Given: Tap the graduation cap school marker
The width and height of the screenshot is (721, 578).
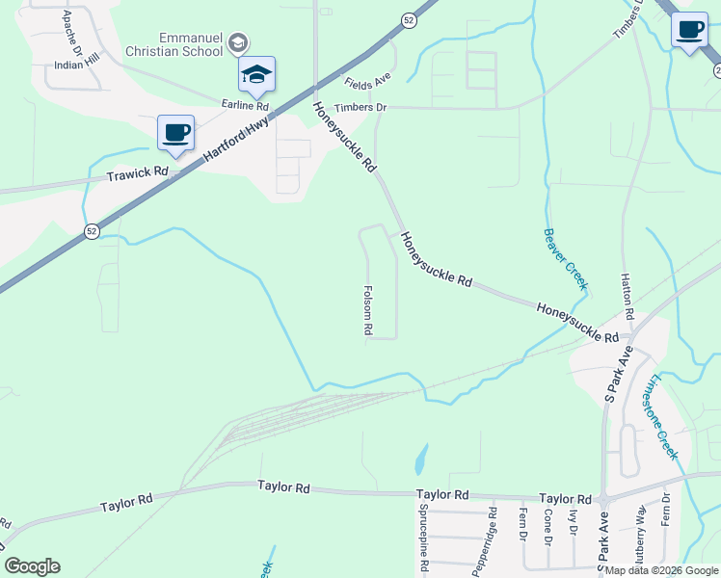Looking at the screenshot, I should coord(257,74).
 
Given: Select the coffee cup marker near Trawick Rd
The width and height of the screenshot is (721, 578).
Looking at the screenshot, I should coord(175,133).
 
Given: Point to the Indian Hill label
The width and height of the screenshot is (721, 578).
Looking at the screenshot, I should coord(77,60).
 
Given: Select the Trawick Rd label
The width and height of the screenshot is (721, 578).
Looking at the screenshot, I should coord(137,173).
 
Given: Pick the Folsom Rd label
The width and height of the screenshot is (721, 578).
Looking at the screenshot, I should coord(368,309).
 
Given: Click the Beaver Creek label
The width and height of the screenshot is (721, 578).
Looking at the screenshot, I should coord(565,258).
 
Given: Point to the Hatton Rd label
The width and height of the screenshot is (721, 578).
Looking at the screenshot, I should coord(628,296).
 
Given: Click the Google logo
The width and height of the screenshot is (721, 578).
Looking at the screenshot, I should coord(32,566).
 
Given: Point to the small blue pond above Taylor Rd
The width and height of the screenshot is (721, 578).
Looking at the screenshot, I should coord(421,460).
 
